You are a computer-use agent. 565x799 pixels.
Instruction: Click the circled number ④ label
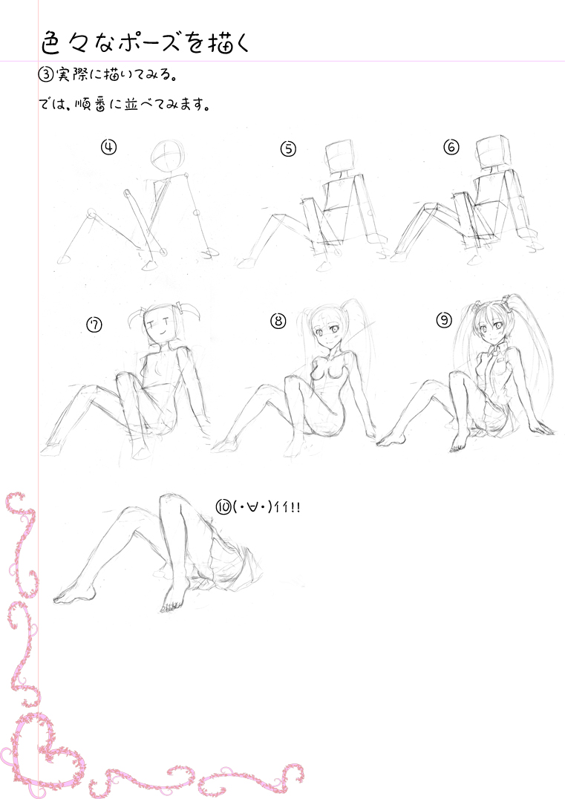pos(108,147)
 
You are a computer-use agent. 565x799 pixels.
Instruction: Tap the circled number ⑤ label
pos(288,149)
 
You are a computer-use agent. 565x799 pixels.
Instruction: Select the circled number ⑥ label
pos(451,147)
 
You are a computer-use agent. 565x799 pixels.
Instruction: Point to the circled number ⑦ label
pos(94,325)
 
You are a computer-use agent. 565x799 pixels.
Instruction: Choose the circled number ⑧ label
pos(278,321)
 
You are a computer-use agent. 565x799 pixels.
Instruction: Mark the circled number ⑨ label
pos(444,320)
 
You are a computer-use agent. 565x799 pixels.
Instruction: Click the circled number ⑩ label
pos(223,507)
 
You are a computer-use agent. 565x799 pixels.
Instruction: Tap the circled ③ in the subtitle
pos(46,74)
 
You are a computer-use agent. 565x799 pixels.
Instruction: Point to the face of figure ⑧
pos(325,331)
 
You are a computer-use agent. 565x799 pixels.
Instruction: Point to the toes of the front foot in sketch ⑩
pos(172,607)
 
